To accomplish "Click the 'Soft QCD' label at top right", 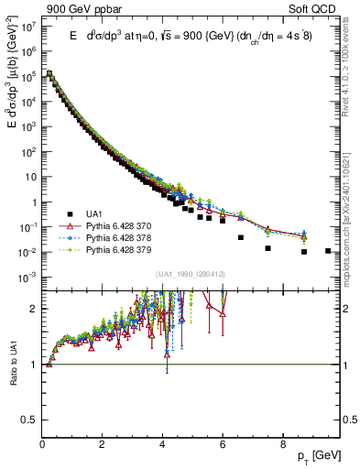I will click(x=316, y=7).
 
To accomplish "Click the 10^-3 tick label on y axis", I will click(x=29, y=277).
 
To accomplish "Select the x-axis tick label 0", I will click(x=42, y=445).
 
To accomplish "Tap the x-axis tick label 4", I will click(x=162, y=445).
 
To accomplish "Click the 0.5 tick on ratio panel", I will click(x=31, y=420).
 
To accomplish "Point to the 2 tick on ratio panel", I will click(x=35, y=309).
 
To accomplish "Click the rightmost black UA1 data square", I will click(x=328, y=250).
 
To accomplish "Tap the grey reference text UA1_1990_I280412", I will click(x=191, y=274).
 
